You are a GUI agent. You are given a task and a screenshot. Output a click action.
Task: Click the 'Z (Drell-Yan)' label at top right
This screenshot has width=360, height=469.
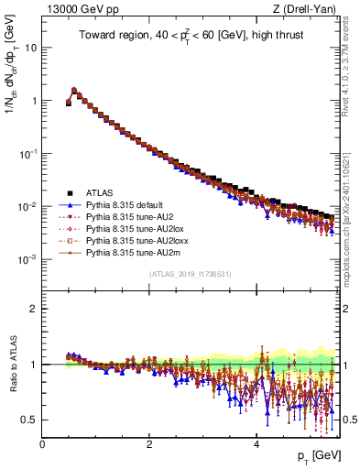click(309, 9)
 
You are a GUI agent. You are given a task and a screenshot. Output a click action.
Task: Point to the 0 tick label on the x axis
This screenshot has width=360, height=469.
click(42, 443)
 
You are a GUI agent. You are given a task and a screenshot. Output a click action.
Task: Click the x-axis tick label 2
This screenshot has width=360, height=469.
click(149, 443)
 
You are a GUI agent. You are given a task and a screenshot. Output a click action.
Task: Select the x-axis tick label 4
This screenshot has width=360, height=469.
click(256, 443)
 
